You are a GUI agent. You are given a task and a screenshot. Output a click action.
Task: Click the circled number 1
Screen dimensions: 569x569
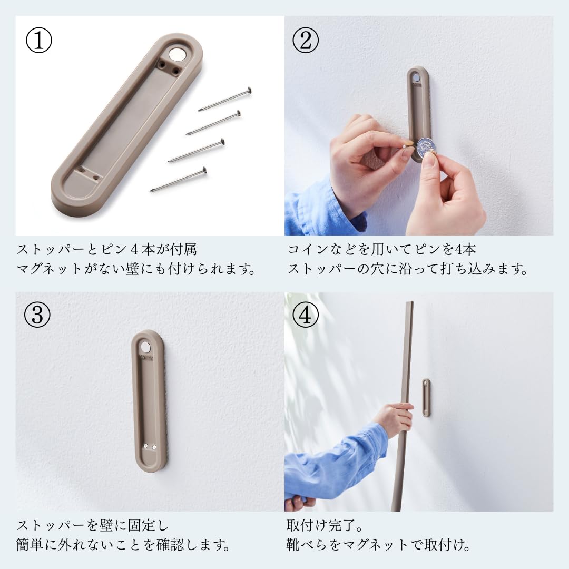(x=39, y=42)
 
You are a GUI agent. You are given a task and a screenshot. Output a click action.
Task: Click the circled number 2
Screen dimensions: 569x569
(x=306, y=42)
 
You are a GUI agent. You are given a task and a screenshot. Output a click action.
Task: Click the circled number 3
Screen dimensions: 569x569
(x=38, y=316)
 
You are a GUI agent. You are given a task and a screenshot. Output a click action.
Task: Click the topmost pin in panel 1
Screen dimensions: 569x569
(x=225, y=100)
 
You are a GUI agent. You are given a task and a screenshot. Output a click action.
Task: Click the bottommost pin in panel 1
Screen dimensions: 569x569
(x=178, y=179)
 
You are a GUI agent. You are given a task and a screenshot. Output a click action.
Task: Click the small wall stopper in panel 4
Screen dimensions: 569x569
(x=426, y=397)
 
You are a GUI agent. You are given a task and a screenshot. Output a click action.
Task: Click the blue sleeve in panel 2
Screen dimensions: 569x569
(x=316, y=208)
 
